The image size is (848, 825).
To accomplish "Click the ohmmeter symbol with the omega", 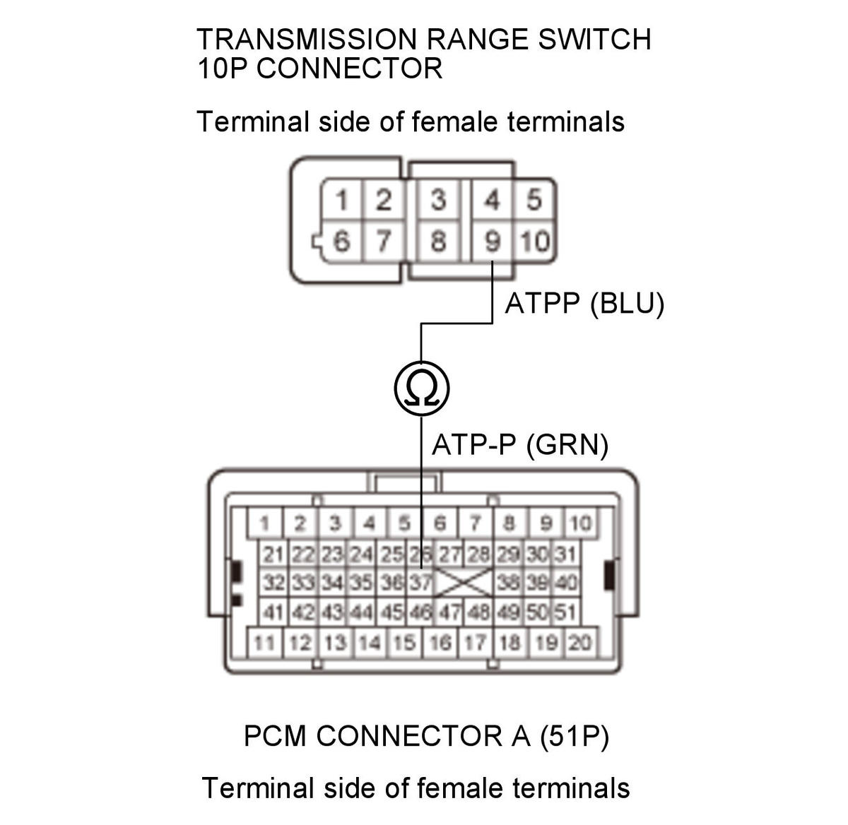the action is (421, 388).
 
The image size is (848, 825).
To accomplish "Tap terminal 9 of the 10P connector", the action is (493, 241).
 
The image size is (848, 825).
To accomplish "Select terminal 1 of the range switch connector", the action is (341, 201).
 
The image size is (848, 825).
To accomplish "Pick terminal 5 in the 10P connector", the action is (534, 201).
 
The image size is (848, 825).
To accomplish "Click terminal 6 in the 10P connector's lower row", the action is (341, 241).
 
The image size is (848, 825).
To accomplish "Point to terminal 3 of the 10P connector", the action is (438, 201).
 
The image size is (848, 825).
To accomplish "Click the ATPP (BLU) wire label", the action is (584, 303).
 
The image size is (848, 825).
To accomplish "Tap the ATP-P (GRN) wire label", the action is (520, 445).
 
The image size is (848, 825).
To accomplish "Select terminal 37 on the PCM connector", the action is (420, 582).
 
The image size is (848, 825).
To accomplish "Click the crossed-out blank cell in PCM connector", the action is (464, 583).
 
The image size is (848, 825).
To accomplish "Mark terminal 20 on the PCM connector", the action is (580, 643).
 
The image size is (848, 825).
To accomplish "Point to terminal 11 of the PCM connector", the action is (264, 643).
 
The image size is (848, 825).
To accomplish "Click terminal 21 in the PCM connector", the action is (273, 554).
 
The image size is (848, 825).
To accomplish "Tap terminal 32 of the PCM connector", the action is (273, 582).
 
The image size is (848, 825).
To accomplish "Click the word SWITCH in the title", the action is (594, 40).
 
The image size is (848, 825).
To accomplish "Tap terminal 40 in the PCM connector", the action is (566, 582).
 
